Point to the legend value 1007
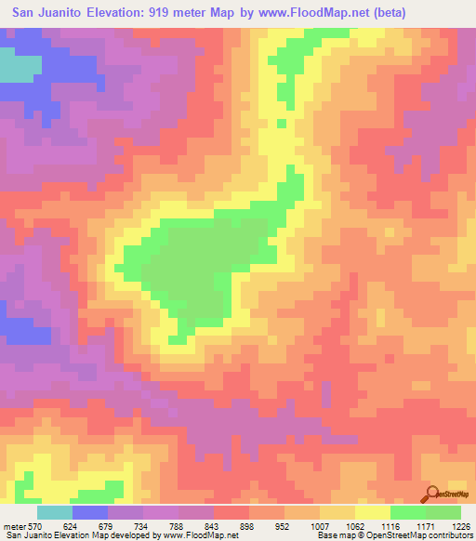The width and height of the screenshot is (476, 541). (323, 526)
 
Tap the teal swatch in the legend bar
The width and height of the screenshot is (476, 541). (55, 512)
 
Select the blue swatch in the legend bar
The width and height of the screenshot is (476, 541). (90, 512)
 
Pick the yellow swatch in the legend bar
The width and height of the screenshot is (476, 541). (372, 512)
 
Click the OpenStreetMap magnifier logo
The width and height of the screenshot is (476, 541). (432, 493)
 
